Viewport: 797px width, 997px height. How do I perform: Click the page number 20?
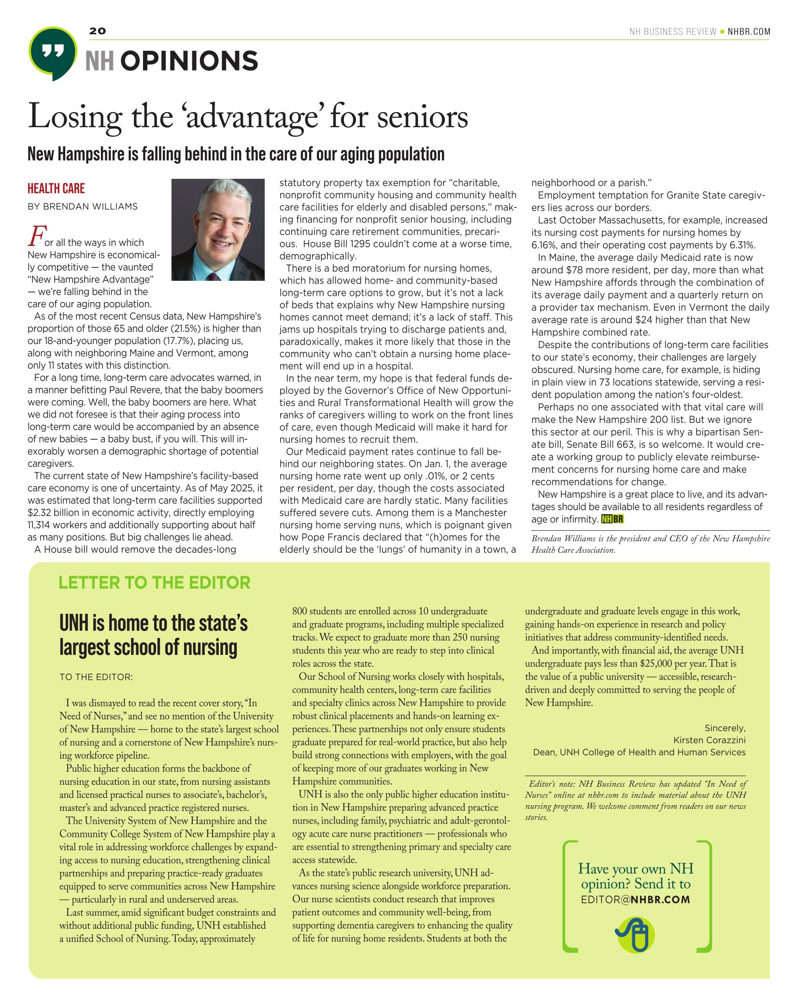(97, 31)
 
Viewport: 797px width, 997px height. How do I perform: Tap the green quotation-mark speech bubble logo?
(53, 52)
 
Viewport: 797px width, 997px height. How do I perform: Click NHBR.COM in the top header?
(749, 32)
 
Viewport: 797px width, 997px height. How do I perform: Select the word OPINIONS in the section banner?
(189, 61)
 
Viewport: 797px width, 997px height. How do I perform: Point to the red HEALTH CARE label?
(56, 188)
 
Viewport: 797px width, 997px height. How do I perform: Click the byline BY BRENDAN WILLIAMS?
(83, 207)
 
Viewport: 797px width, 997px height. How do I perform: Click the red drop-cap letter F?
(35, 237)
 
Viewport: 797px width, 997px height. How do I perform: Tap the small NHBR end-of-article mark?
(612, 520)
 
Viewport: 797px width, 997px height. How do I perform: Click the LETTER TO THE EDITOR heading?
(155, 583)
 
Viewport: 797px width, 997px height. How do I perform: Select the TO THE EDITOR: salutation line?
(96, 677)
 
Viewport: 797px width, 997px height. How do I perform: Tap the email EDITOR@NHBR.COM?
(636, 899)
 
